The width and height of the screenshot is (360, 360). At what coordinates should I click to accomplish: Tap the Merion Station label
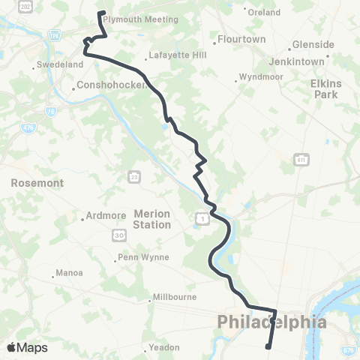coord(152,219)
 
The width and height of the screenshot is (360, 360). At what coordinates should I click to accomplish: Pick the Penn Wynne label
coord(145,257)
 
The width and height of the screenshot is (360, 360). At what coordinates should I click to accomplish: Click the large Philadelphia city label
coord(272,322)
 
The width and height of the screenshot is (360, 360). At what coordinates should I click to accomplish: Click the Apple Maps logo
coord(27,347)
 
